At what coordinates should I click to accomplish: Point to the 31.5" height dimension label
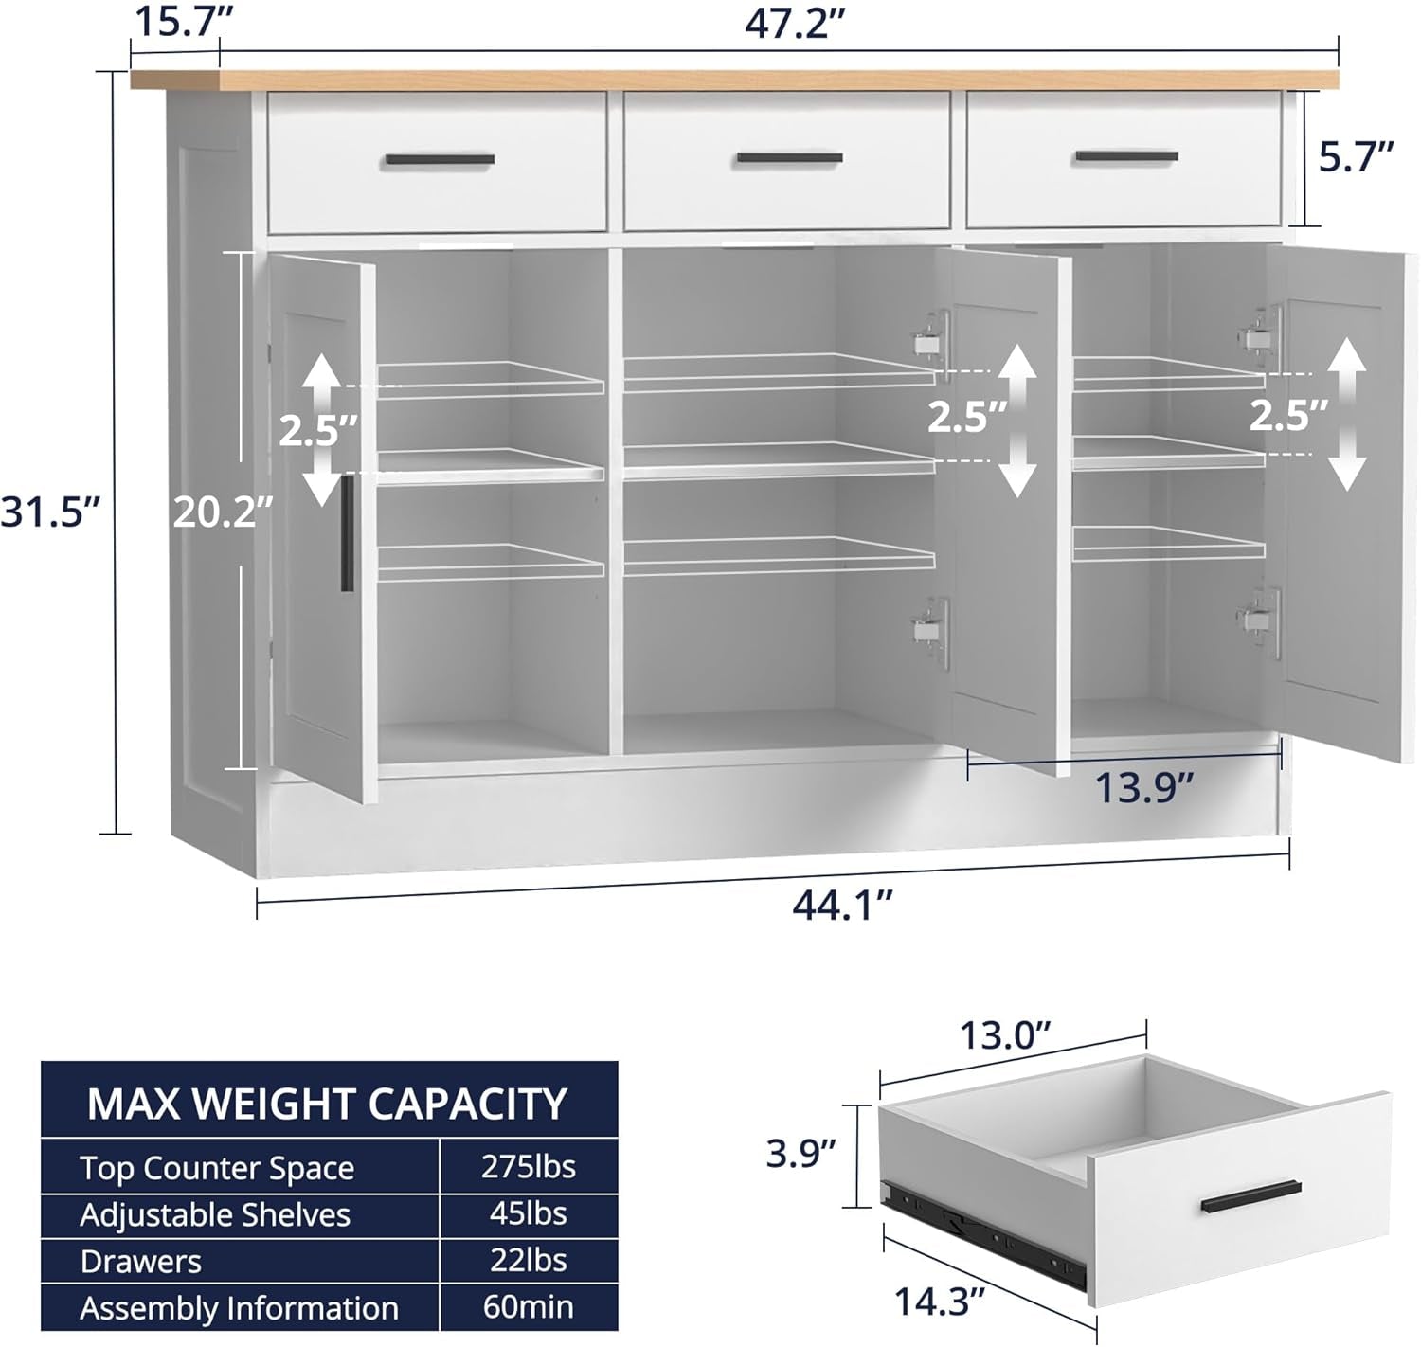(x=49, y=512)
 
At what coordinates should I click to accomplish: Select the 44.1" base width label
(x=842, y=906)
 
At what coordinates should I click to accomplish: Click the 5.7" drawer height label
(x=1357, y=158)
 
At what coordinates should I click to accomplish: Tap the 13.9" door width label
(x=1143, y=787)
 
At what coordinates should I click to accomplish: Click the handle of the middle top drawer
(x=789, y=158)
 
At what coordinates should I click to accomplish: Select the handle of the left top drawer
(x=440, y=160)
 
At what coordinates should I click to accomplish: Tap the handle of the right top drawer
(x=1126, y=156)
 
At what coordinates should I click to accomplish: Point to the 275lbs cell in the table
(x=528, y=1167)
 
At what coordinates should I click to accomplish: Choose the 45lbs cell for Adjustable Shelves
(x=528, y=1213)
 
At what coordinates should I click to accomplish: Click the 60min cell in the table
(x=528, y=1307)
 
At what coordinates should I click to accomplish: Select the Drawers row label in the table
(x=140, y=1261)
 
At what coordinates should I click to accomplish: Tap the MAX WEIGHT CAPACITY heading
(x=327, y=1104)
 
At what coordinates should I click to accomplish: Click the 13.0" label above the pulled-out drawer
(x=1006, y=1035)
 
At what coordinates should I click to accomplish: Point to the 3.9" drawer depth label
(x=800, y=1153)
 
